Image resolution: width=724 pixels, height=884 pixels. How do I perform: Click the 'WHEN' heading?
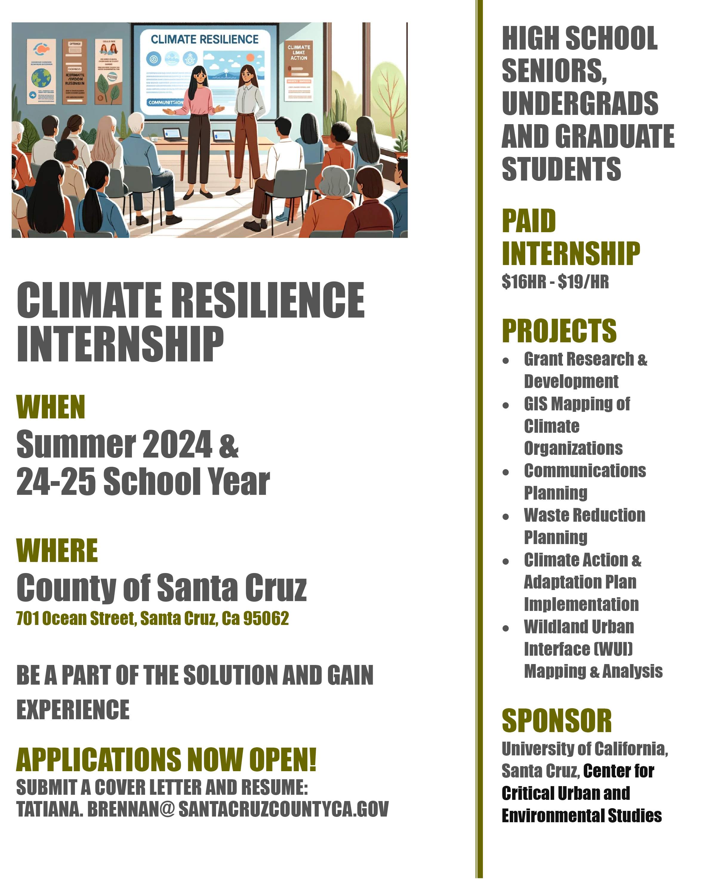[x=50, y=407]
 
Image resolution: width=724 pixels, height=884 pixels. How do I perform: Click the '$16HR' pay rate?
[x=524, y=282]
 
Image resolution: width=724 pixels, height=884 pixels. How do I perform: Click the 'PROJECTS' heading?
[x=559, y=331]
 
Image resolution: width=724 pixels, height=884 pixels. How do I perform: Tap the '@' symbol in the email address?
[x=167, y=809]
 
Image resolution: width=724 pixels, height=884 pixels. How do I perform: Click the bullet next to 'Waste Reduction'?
[x=506, y=517]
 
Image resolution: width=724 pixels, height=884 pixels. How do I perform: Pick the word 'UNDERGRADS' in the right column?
[x=580, y=103]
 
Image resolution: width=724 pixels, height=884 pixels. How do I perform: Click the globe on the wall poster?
[x=41, y=78]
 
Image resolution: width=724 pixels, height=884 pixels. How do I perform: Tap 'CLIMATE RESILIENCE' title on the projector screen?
[x=204, y=40]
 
